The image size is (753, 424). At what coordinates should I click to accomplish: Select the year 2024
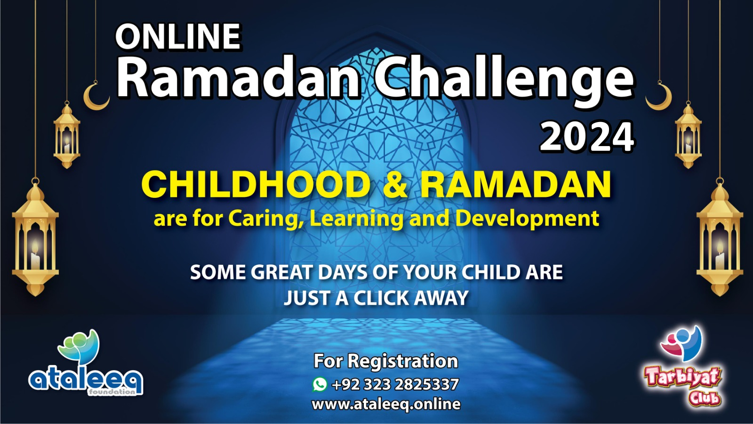click(x=587, y=137)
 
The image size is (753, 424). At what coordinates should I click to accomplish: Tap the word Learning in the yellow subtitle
click(x=356, y=219)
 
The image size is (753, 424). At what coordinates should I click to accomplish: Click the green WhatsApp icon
click(x=320, y=384)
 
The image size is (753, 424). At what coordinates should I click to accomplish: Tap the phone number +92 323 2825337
click(x=395, y=384)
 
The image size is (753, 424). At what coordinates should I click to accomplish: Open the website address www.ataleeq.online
click(x=386, y=404)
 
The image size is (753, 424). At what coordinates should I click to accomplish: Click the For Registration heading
click(x=386, y=361)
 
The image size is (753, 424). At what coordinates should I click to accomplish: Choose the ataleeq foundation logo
click(x=86, y=363)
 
